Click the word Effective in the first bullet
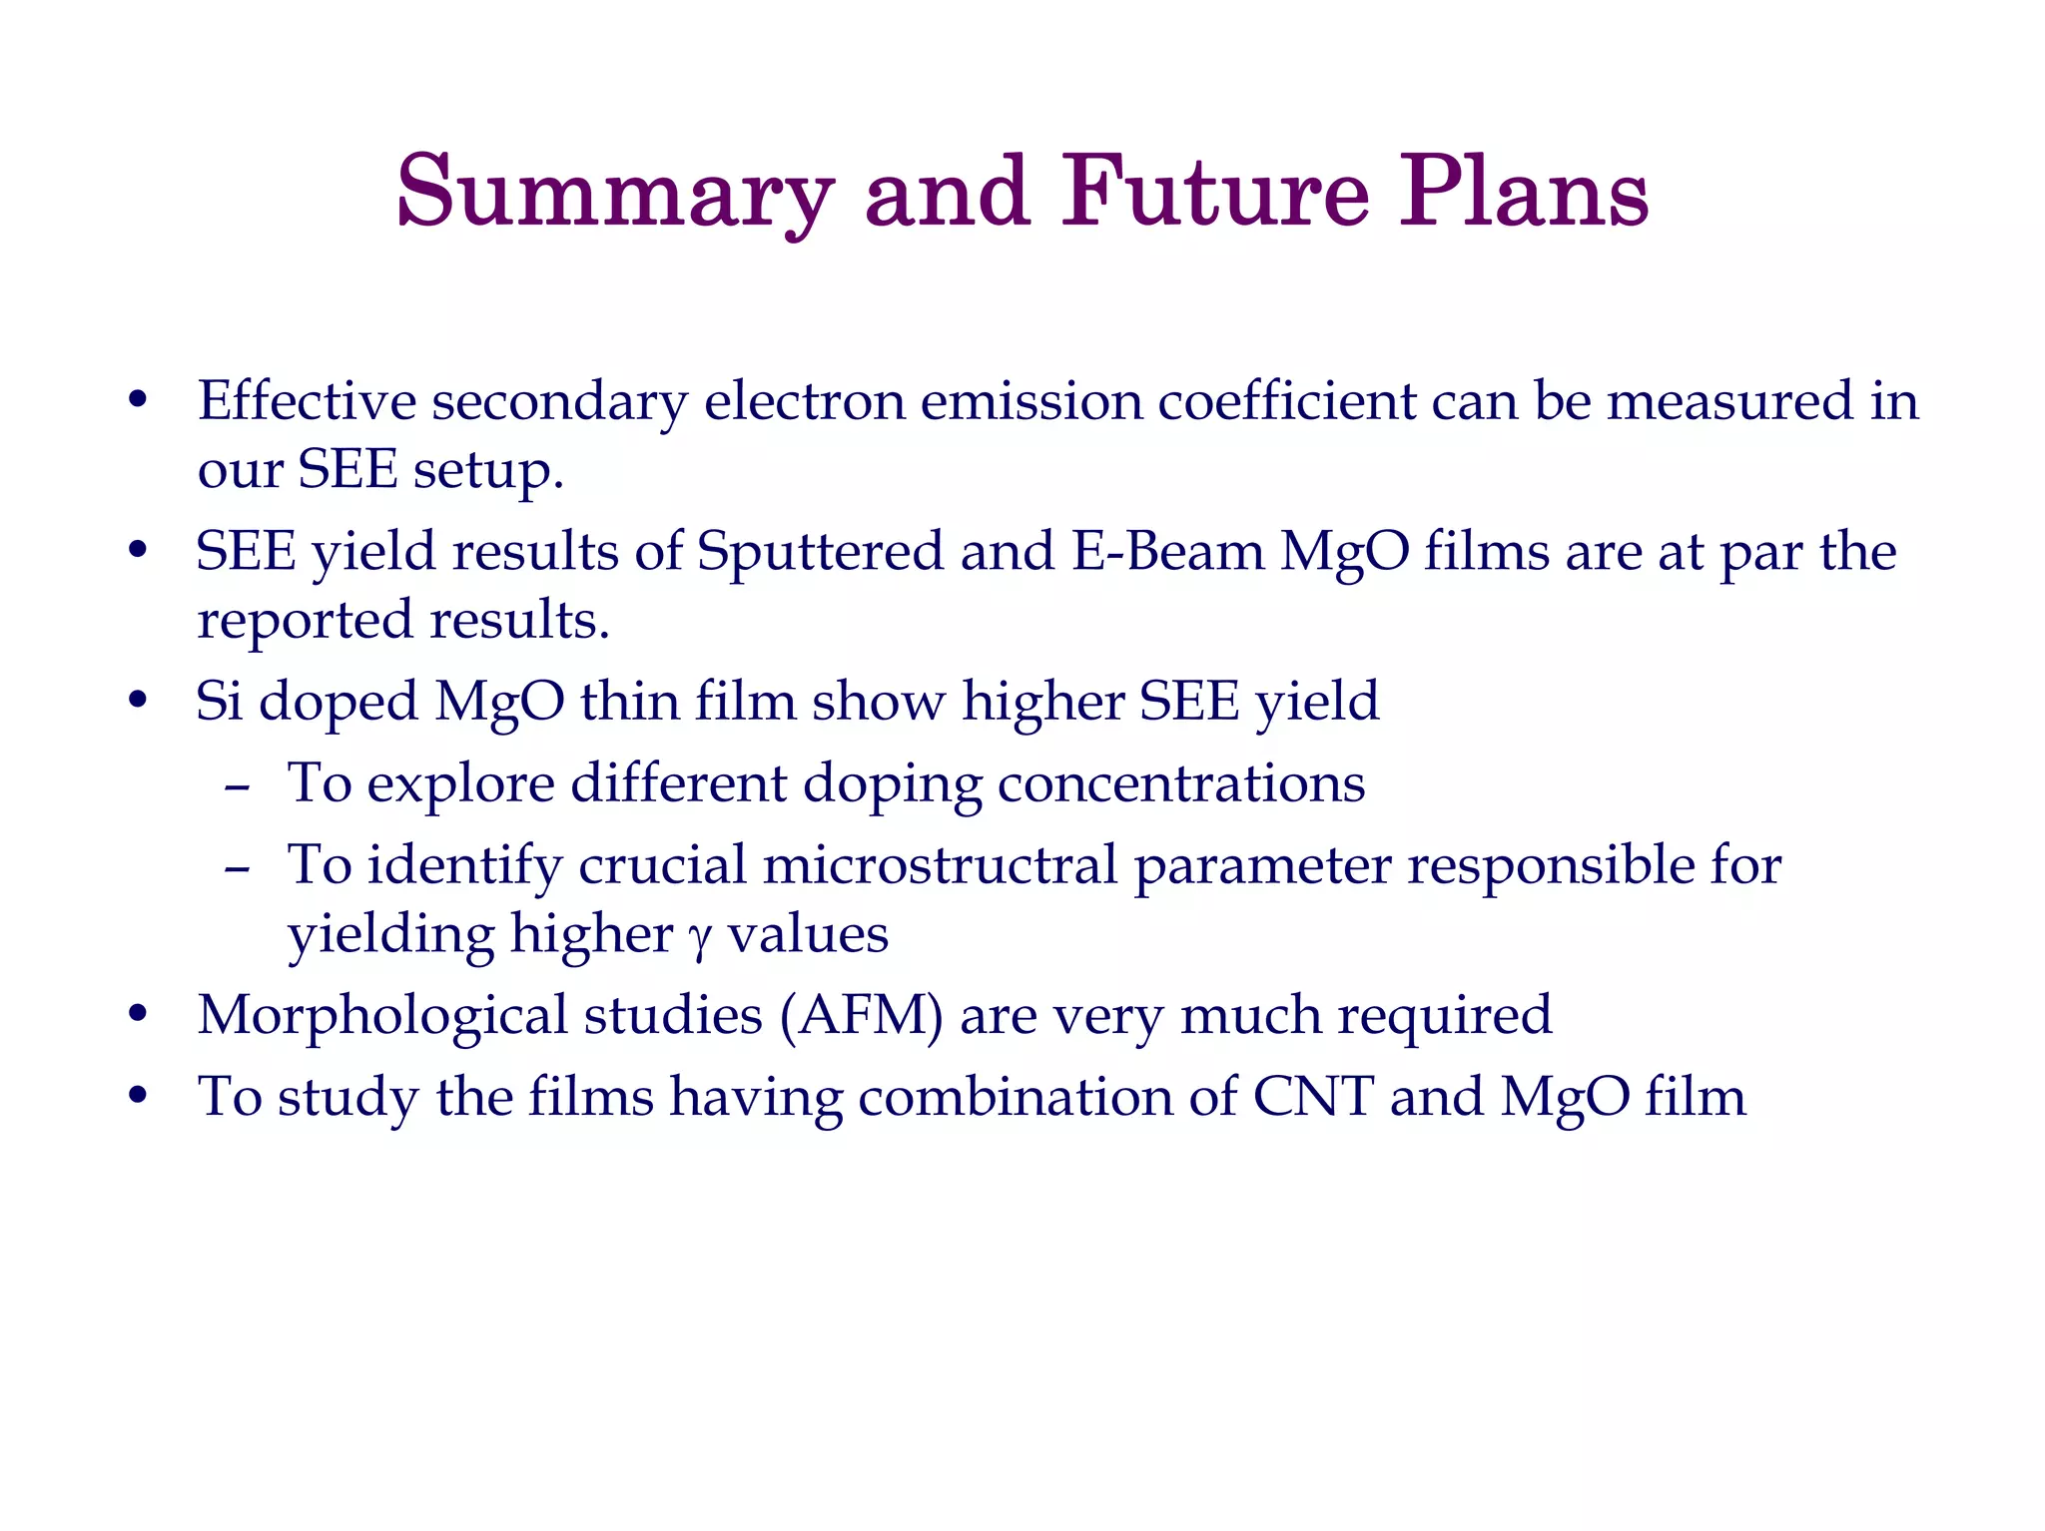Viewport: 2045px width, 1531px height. pyautogui.click(x=306, y=401)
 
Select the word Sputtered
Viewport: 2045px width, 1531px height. pyautogui.click(x=819, y=552)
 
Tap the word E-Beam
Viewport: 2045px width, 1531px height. pyautogui.click(x=1167, y=552)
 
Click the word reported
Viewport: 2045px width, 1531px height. pyautogui.click(x=305, y=622)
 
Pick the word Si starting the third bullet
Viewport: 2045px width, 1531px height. pyautogui.click(x=219, y=702)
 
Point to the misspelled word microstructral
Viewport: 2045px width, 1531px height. pyautogui.click(x=940, y=865)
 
